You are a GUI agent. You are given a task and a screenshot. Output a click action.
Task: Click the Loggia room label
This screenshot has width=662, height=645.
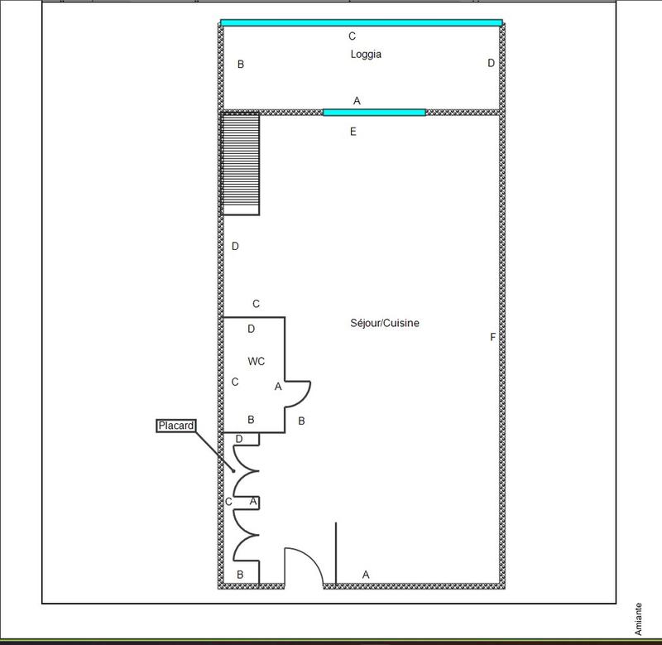coord(366,55)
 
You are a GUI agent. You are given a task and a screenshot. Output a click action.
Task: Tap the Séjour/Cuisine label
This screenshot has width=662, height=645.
coord(385,323)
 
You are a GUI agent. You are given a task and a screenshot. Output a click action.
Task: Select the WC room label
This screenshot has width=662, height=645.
coord(257,362)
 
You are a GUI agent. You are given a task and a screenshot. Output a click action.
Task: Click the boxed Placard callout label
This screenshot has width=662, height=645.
coord(175,426)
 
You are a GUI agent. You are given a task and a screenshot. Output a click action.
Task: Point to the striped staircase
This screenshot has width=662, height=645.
coord(241,164)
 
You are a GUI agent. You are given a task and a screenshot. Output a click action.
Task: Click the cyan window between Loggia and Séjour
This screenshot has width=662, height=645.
coord(374,113)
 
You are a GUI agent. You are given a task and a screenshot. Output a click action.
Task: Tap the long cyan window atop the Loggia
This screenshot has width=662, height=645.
coord(362,23)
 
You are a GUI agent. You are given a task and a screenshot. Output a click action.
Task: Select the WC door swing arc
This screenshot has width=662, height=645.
coord(300,396)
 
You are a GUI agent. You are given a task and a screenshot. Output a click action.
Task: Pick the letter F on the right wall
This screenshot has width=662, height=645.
coord(493,337)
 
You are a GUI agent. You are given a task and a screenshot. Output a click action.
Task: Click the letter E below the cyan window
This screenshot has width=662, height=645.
coord(353,131)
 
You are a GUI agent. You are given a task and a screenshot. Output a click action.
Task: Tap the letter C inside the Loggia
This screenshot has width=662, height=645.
coord(353,36)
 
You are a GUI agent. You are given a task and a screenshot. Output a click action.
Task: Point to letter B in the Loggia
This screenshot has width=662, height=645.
coord(241,64)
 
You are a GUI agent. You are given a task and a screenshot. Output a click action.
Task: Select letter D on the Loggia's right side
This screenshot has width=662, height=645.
coord(491,63)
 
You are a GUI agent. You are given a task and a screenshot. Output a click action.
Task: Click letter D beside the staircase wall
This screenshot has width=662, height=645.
coord(235,246)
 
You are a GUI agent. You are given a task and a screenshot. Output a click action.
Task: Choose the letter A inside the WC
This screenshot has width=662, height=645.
coord(278,387)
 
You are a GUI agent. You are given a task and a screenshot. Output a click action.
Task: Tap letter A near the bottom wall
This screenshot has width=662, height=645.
coord(366,575)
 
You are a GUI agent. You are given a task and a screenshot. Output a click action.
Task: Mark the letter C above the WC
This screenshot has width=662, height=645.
coord(257,304)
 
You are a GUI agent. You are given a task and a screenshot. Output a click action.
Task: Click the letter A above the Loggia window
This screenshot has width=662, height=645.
coord(357,100)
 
